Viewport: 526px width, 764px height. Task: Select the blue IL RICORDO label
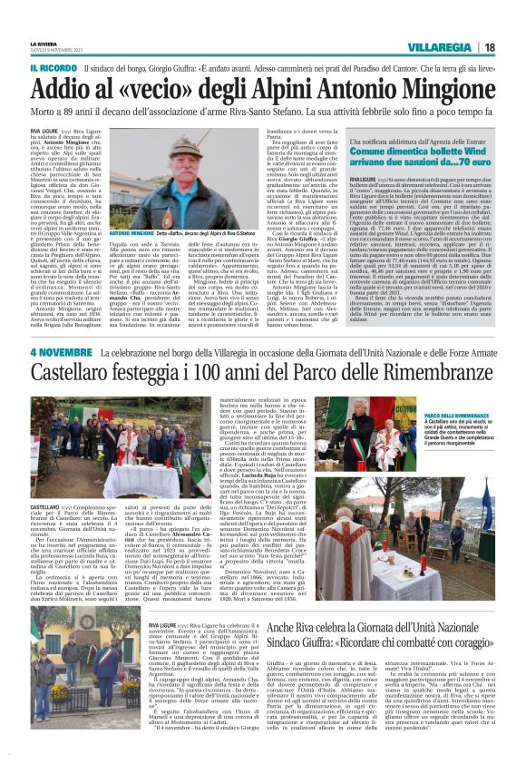pyautogui.click(x=54, y=68)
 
